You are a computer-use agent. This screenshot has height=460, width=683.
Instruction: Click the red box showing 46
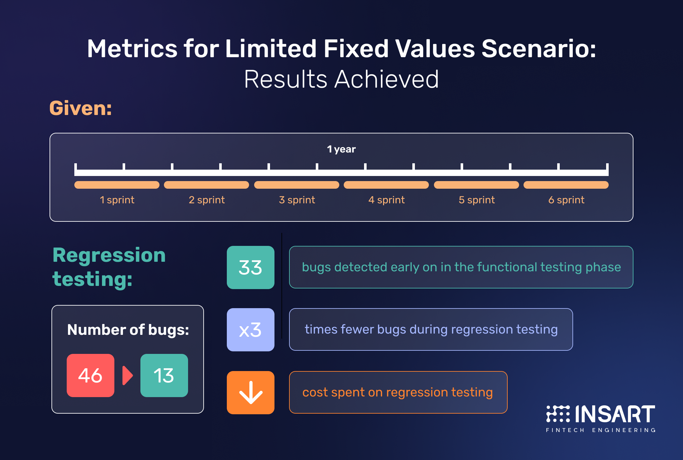coord(91,375)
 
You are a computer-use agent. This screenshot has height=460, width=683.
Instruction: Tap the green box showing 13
coord(164,375)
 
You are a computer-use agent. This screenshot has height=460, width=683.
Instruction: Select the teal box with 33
coord(251,267)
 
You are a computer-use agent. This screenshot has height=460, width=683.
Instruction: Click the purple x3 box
coord(251,329)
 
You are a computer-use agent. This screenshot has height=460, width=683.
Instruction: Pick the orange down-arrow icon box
coord(251,392)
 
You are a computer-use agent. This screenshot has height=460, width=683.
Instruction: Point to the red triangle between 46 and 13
coord(127,375)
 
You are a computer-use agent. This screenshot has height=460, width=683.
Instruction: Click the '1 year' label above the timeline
coord(341,149)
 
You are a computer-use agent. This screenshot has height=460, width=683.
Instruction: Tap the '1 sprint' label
coord(117,200)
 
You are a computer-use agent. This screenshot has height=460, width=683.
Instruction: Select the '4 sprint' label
coord(386,200)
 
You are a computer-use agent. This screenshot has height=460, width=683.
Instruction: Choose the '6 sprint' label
coord(566,200)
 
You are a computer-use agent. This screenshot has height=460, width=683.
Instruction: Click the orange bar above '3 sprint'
coord(297,185)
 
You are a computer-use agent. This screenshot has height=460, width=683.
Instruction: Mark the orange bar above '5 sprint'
coord(477,185)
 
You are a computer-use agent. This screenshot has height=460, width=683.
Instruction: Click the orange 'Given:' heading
coord(81,108)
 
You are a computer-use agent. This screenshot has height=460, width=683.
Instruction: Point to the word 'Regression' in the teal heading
coord(109,255)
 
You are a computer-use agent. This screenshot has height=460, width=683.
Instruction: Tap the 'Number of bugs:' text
coord(128,330)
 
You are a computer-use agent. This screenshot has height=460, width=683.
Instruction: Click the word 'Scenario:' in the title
coord(539,49)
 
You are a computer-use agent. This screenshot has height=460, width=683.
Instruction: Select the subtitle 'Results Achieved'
coord(341,79)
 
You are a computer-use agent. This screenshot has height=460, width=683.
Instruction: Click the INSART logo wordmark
coord(615,414)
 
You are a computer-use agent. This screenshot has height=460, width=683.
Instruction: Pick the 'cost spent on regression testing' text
coord(397,393)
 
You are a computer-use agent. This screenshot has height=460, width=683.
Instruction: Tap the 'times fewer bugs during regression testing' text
coord(431,330)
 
